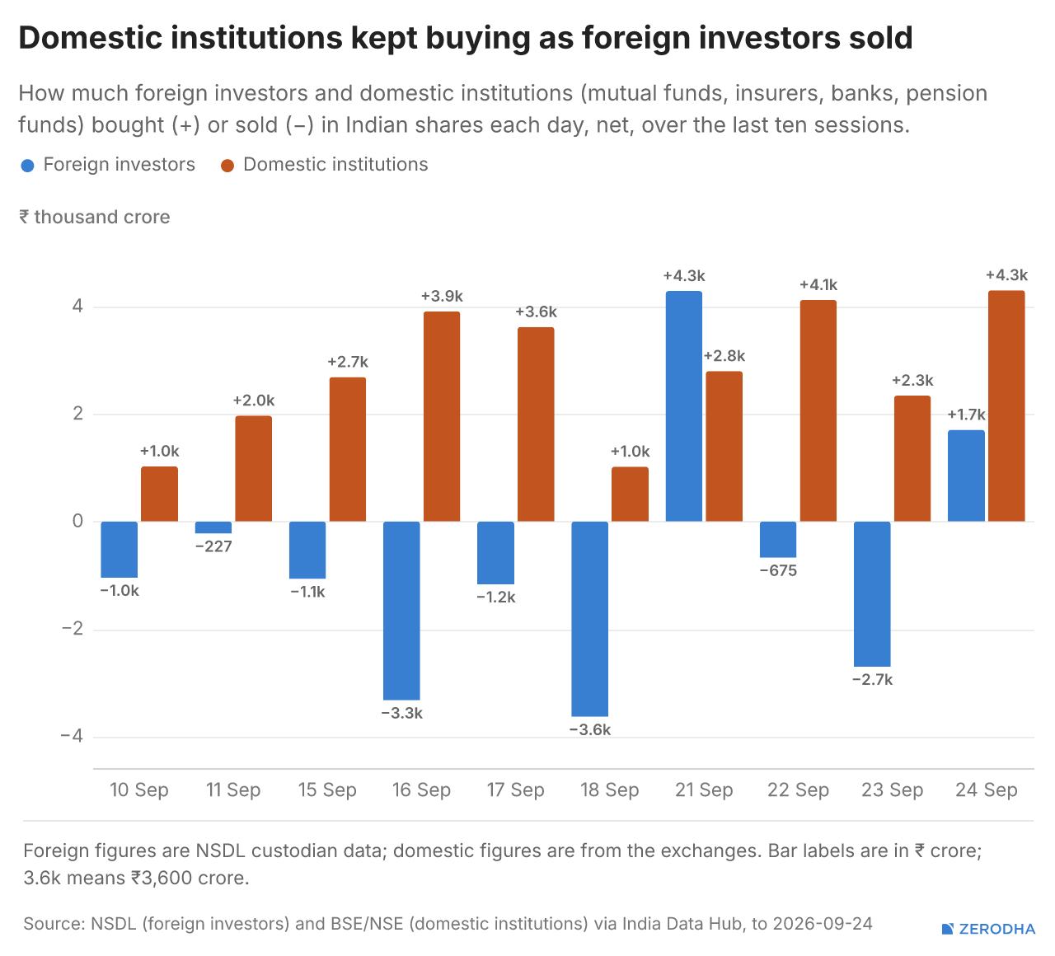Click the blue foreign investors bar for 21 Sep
pyautogui.click(x=684, y=406)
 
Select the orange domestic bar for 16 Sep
pyautogui.click(x=442, y=416)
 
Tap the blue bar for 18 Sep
pyautogui.click(x=589, y=619)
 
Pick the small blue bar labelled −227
pyautogui.click(x=213, y=527)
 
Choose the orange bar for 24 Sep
pyautogui.click(x=1006, y=406)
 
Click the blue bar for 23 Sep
pyautogui.click(x=872, y=594)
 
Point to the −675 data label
pyautogui.click(x=778, y=570)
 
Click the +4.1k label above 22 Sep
pyautogui.click(x=818, y=285)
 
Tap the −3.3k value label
pyautogui.click(x=401, y=713)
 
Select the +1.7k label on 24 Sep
pyautogui.click(x=966, y=415)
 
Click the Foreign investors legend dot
pyautogui.click(x=27, y=166)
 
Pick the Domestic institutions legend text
pyautogui.click(x=335, y=165)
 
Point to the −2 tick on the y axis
pyautogui.click(x=73, y=628)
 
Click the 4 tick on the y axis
pyautogui.click(x=77, y=306)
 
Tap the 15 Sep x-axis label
pyautogui.click(x=327, y=790)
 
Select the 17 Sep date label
pyautogui.click(x=515, y=790)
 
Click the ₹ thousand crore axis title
pyautogui.click(x=95, y=218)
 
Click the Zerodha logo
pyautogui.click(x=989, y=929)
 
